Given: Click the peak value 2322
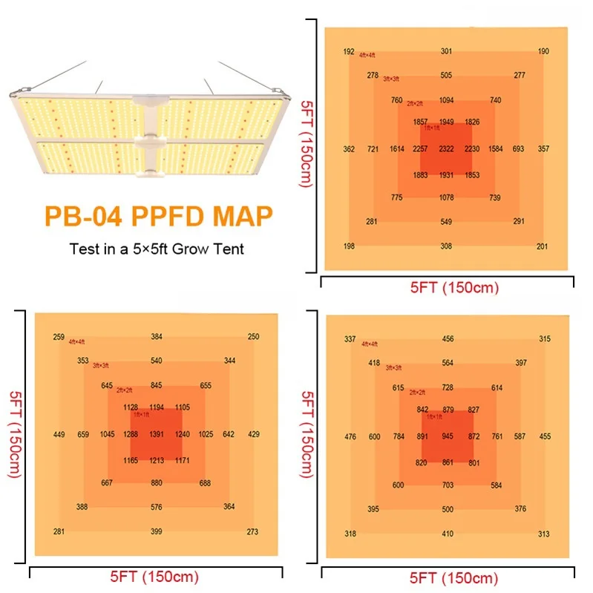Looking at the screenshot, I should pyautogui.click(x=446, y=149).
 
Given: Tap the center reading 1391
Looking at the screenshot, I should pyautogui.click(x=156, y=434).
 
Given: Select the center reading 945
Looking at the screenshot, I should pyautogui.click(x=447, y=436).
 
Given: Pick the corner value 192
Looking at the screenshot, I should pyautogui.click(x=349, y=52).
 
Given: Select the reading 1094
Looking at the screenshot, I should pyautogui.click(x=446, y=100).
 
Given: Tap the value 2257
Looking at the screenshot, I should pyautogui.click(x=420, y=149).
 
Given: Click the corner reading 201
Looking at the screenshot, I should pyautogui.click(x=542, y=246).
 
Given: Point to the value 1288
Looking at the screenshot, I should pyautogui.click(x=131, y=434).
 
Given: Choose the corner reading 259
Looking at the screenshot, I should pyautogui.click(x=59, y=337).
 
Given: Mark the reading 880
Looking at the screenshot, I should pyautogui.click(x=156, y=483).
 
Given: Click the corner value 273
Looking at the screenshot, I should pyautogui.click(x=252, y=531).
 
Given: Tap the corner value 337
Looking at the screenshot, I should pyautogui.click(x=350, y=339).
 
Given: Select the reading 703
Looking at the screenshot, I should pyautogui.click(x=448, y=485).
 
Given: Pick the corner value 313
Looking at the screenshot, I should pyautogui.click(x=544, y=534).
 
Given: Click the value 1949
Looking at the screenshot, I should pyautogui.click(x=446, y=122).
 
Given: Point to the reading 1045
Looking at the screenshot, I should pyautogui.click(x=107, y=434).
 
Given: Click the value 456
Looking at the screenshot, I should pyautogui.click(x=448, y=339).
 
